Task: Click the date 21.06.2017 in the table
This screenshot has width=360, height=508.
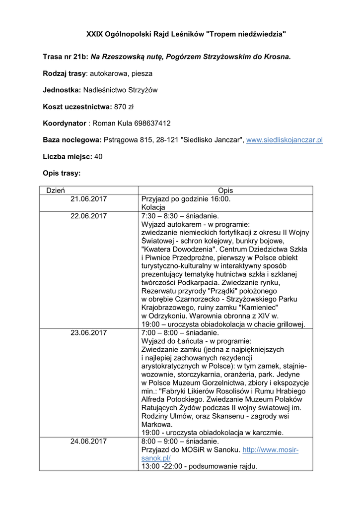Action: click(x=88, y=199)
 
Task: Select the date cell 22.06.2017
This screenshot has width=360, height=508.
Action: click(x=88, y=216)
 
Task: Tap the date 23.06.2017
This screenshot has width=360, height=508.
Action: click(x=88, y=332)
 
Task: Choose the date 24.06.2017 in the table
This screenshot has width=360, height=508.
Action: click(x=88, y=441)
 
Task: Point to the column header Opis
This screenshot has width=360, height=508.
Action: click(x=225, y=190)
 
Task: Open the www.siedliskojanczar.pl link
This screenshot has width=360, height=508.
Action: click(x=285, y=140)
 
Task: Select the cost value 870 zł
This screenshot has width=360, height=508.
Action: click(x=124, y=107)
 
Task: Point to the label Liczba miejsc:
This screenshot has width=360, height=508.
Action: click(x=67, y=156)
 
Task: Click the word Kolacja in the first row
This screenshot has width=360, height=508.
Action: click(x=154, y=207)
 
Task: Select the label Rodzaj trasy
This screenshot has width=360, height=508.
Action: click(x=65, y=73)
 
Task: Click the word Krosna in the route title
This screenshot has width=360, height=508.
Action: click(x=276, y=57)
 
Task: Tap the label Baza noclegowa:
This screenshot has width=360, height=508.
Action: click(x=72, y=140)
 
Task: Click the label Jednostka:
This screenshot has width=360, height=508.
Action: click(x=62, y=90)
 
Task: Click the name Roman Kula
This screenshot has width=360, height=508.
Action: click(x=108, y=123)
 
